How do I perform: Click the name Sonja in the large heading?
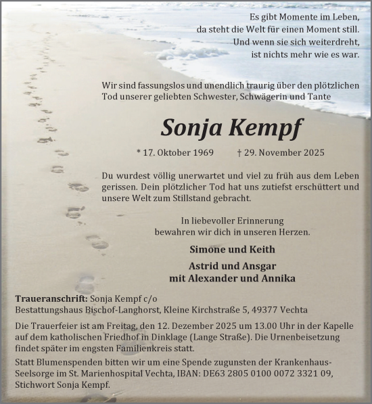[x=193, y=127]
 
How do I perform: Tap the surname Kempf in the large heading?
[x=262, y=127]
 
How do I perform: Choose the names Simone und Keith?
[x=227, y=250]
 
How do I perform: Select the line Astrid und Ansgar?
[x=227, y=265]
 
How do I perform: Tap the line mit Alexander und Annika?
[x=227, y=278]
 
